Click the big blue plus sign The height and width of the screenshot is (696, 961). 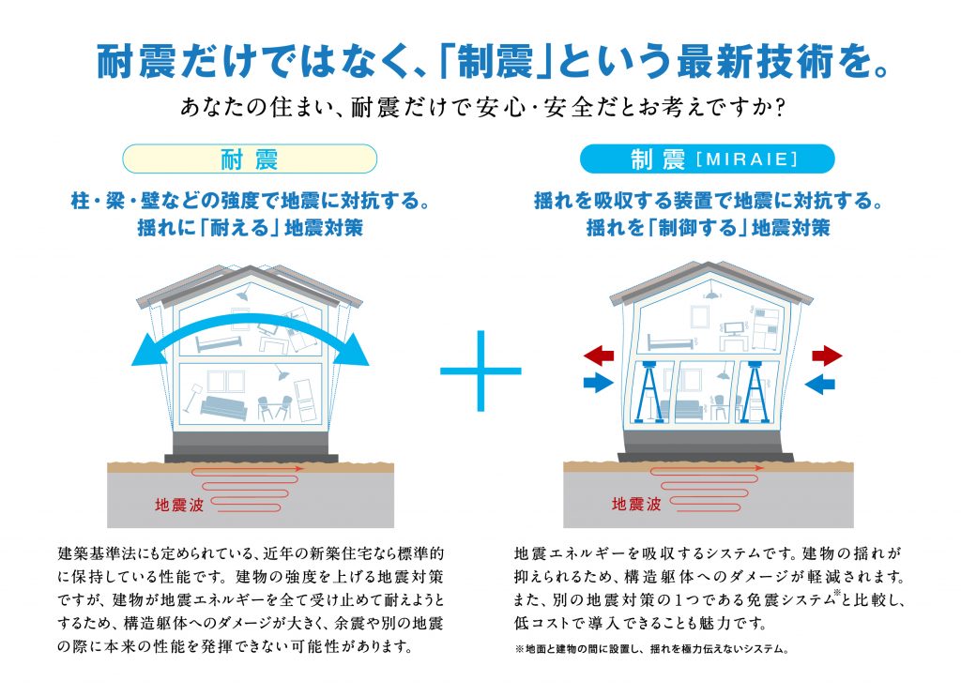coord(480,371)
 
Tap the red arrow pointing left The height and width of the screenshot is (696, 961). coord(599,355)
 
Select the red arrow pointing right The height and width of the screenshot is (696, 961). coord(827,356)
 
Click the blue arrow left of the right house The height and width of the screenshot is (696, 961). coord(599,384)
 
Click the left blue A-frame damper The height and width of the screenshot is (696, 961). coord(649,392)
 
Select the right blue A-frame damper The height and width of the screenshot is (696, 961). coord(755,392)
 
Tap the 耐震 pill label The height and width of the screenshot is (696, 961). coord(250,159)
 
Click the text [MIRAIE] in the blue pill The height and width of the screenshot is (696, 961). coord(748,159)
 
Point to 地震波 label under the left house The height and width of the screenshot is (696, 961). coord(179,505)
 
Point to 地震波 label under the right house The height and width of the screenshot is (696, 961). coord(636,505)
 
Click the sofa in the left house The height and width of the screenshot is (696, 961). coord(223,407)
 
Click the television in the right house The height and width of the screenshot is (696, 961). coord(734,327)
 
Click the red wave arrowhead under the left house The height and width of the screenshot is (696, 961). coord(299,469)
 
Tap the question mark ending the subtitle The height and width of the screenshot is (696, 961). coord(780,108)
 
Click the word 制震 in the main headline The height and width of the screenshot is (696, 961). coord(496,63)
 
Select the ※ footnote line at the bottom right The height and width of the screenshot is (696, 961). coord(652,649)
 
